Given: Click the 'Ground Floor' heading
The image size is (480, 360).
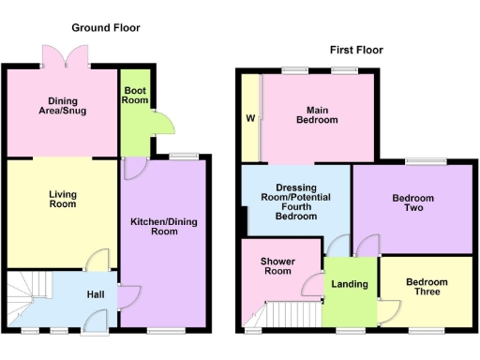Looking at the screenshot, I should click(106, 28).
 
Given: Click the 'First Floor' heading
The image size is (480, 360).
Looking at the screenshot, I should click(355, 50).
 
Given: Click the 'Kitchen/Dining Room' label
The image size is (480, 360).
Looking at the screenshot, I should click(164, 224).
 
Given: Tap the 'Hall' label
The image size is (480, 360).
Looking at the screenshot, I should click(96, 294).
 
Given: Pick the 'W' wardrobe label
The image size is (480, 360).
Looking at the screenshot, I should click(250, 119).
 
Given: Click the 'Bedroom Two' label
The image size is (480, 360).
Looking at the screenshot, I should click(413, 202).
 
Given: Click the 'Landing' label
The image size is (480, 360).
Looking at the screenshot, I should click(349, 285).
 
